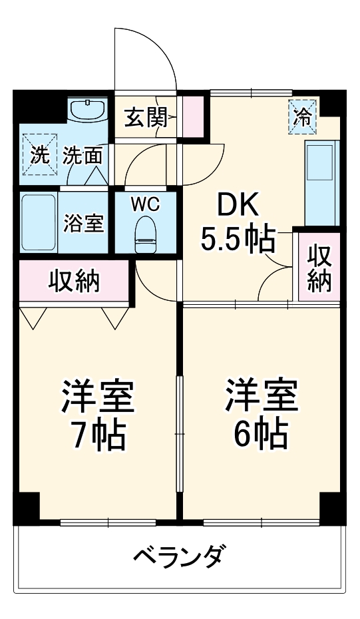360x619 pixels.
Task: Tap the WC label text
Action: point(145,204)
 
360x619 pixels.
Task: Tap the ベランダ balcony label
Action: point(179,554)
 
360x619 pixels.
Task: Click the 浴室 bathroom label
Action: point(83,224)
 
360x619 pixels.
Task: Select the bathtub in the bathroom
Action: point(39,223)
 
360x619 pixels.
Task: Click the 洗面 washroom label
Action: point(83,156)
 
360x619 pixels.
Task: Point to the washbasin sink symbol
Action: point(88,110)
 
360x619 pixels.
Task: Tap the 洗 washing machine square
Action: point(39,155)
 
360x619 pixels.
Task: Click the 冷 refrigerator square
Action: point(303,117)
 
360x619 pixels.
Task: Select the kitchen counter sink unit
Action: point(322,182)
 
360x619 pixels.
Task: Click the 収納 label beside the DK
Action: point(319,268)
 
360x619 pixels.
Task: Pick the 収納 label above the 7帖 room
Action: point(74,281)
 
